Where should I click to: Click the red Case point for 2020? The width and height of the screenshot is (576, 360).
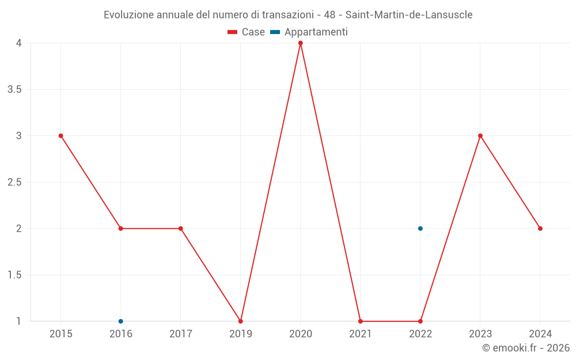pos(301,43)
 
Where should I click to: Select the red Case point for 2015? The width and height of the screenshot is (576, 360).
pos(61,136)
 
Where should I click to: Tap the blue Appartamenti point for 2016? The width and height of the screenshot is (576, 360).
pos(121,321)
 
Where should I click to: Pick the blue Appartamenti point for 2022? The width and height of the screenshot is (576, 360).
pos(420,229)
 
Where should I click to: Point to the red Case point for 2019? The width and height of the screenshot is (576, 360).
pos(241,321)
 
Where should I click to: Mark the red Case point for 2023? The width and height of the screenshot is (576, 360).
pos(480,136)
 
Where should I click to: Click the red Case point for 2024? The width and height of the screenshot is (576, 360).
pos(540,229)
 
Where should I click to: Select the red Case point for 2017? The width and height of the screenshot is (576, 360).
pos(181,229)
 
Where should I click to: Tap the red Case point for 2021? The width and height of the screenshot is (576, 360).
pos(361,321)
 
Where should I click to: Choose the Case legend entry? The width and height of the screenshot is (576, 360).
pos(247,32)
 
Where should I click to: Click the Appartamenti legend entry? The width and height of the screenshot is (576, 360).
pos(309,32)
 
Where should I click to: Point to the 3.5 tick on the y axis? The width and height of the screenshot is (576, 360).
pos(14,89)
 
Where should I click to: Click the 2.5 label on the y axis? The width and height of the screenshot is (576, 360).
pos(14,182)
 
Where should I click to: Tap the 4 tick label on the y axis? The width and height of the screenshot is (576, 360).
pos(19,43)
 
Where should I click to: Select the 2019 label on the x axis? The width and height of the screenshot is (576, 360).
pos(241,334)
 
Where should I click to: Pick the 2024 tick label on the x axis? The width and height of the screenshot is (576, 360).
pos(540,334)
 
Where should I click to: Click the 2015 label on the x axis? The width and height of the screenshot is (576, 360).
pos(61,334)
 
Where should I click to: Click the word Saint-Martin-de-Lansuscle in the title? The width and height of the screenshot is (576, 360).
pos(408,15)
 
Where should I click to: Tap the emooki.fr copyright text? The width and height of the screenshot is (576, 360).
pos(526,348)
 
